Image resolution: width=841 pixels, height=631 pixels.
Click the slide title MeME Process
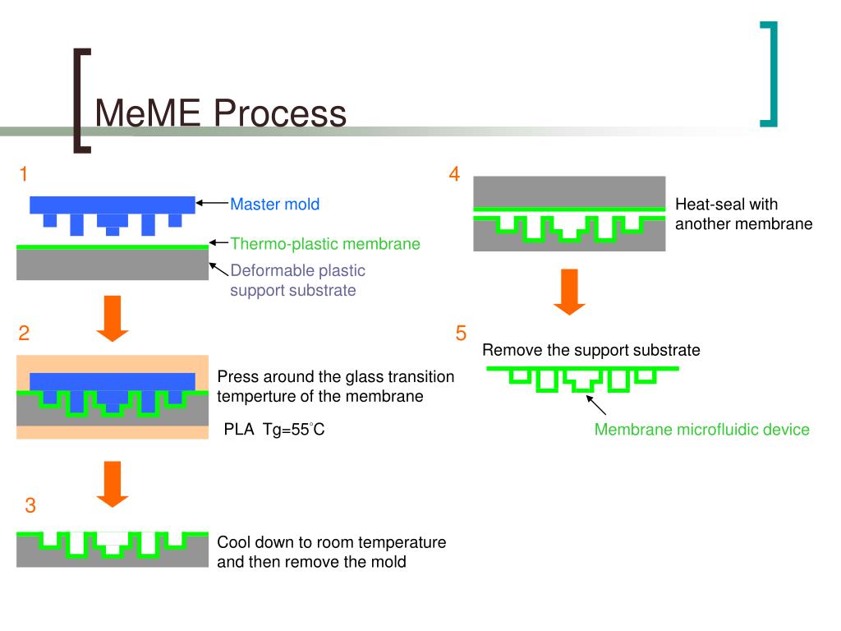coord(220,113)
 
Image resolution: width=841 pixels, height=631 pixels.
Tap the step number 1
coord(25,174)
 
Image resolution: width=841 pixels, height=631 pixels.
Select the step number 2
coord(25,333)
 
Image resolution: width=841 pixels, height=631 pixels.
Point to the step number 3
coord(30,506)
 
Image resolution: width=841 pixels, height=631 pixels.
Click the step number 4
coord(454,174)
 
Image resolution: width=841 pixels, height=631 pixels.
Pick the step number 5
coord(461,333)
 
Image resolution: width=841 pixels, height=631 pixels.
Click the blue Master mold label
coord(274,205)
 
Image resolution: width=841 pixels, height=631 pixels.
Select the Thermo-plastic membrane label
coord(325,244)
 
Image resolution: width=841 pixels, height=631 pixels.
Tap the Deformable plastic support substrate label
coord(297,280)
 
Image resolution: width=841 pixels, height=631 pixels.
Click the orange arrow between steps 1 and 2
coord(113,320)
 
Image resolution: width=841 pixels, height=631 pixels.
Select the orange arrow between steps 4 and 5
coord(569,292)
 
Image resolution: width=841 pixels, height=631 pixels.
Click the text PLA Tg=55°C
coord(274,430)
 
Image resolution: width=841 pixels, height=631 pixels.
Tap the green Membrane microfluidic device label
coord(701,430)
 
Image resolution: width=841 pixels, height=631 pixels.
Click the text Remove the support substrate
coord(591,351)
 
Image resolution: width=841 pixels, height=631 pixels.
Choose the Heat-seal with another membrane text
coord(743,214)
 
